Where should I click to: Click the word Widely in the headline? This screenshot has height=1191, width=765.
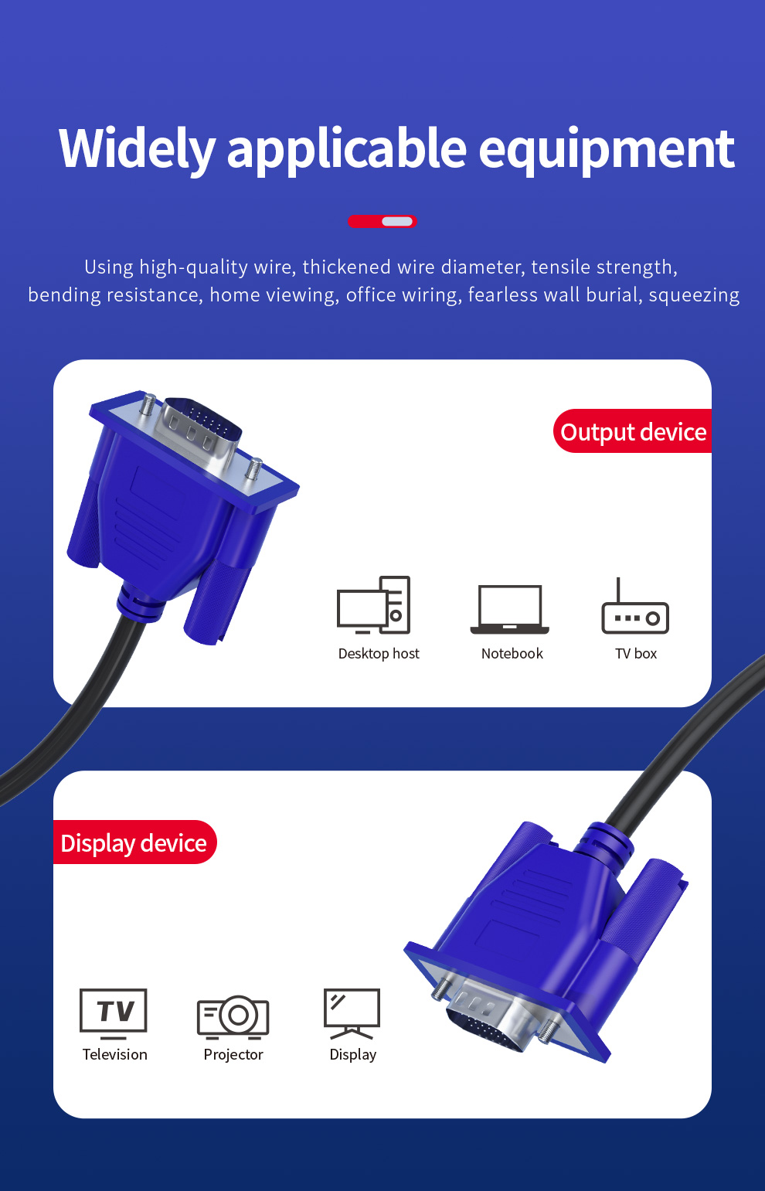[x=137, y=150]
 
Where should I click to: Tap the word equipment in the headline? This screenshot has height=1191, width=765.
[x=607, y=151]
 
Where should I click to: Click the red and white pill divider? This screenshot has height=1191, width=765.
[x=382, y=221]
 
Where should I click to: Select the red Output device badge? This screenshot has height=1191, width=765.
[x=632, y=431]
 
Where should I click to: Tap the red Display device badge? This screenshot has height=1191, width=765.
[x=135, y=842]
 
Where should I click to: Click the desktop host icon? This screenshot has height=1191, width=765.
[x=374, y=605]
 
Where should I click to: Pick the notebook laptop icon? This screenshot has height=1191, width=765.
[x=510, y=609]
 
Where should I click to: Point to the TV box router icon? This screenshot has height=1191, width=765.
[x=635, y=606]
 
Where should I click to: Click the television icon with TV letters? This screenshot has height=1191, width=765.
[x=114, y=1014]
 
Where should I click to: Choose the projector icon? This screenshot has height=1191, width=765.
[x=233, y=1017]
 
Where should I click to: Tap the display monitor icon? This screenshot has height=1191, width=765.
[x=352, y=1014]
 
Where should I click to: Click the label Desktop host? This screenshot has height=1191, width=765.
[x=379, y=653]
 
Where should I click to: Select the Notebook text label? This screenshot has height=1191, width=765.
[x=512, y=653]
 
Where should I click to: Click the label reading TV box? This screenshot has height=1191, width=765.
[x=636, y=653]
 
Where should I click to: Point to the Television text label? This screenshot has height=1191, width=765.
[x=115, y=1054]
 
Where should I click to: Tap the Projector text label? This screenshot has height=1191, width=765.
[x=233, y=1054]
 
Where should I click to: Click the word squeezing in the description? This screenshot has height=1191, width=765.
[x=694, y=295]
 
